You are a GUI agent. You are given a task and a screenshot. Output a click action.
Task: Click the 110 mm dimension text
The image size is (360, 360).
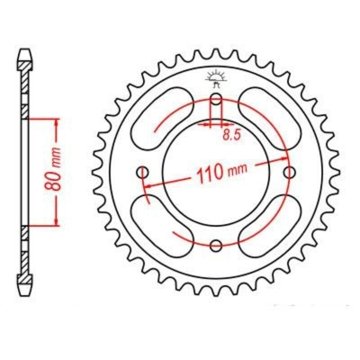coord(222,173)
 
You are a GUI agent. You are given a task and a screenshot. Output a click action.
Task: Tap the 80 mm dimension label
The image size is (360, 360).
coord(53,170)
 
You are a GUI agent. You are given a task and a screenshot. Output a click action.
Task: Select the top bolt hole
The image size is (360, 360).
coord(216,99)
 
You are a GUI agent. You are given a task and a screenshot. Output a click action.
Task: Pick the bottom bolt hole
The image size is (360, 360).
coord(216,246)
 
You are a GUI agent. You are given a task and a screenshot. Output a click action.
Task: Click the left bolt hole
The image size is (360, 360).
coord(142,173)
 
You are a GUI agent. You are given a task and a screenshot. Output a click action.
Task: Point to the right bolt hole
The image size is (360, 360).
coord(290,173)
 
